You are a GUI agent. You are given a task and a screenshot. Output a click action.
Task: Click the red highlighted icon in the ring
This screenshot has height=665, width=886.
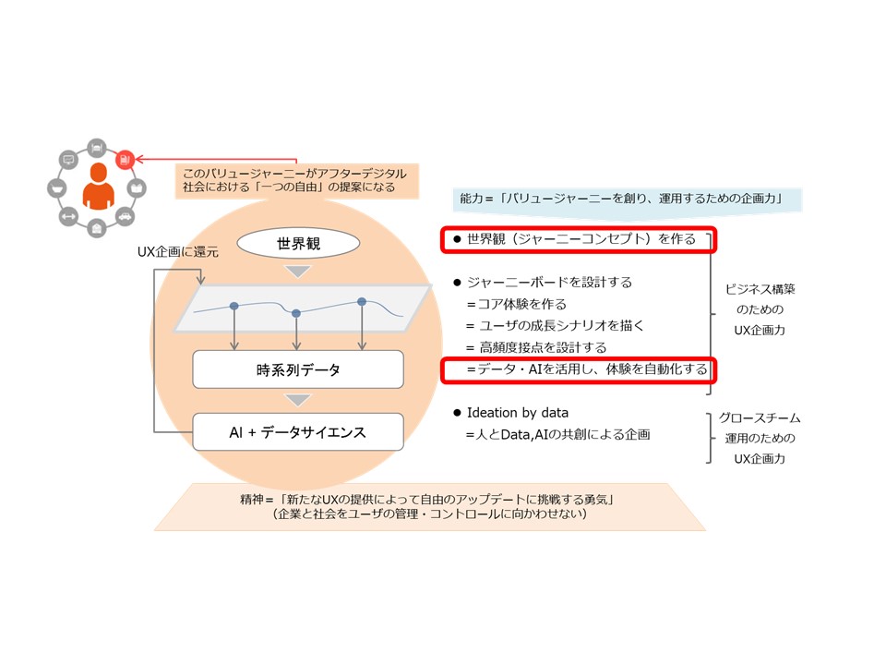125,159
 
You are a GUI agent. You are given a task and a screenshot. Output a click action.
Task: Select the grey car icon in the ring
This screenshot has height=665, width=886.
125,216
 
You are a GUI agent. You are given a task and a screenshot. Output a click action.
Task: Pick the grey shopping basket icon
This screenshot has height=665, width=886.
57,188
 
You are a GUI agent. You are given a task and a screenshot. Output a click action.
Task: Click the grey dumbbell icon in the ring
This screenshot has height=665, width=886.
67,216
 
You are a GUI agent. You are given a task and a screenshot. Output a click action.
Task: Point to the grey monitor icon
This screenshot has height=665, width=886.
67,160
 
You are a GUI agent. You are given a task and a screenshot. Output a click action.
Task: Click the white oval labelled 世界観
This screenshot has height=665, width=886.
297,245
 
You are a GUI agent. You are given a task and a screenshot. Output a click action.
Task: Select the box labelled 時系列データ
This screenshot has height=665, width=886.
297,369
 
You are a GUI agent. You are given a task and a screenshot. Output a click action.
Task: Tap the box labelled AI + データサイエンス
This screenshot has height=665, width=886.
297,431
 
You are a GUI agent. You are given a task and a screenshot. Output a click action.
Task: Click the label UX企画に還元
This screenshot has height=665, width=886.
171,251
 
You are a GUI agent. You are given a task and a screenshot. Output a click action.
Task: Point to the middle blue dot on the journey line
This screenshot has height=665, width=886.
295,314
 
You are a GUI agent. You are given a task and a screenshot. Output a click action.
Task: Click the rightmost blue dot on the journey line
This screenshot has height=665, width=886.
362,302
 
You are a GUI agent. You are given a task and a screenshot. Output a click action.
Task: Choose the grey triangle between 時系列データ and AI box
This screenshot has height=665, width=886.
297,401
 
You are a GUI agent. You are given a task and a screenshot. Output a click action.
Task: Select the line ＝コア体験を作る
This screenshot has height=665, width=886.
516,304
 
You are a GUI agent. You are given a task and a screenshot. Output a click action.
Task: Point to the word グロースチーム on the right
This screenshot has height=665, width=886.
760,418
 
